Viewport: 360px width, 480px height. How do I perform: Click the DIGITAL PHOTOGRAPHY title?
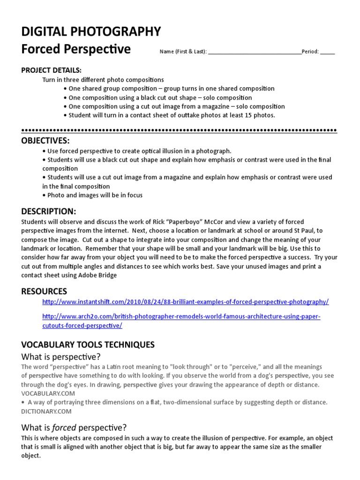tap(91, 31)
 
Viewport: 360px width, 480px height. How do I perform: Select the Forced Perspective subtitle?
tap(76, 49)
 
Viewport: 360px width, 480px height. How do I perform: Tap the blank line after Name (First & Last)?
tap(255, 52)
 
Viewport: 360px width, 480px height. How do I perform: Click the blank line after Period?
tap(328, 52)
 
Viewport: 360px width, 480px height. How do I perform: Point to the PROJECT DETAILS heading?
tap(51, 70)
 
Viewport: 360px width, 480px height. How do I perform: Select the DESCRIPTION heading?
tap(48, 211)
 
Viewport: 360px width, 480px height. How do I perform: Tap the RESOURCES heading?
tap(44, 291)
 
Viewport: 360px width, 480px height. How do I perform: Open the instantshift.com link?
tap(185, 301)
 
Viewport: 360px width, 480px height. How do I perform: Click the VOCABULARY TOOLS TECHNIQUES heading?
tap(88, 345)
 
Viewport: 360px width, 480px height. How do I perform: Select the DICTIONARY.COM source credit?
tap(46, 411)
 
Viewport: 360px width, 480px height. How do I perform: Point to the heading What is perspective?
tap(61, 357)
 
